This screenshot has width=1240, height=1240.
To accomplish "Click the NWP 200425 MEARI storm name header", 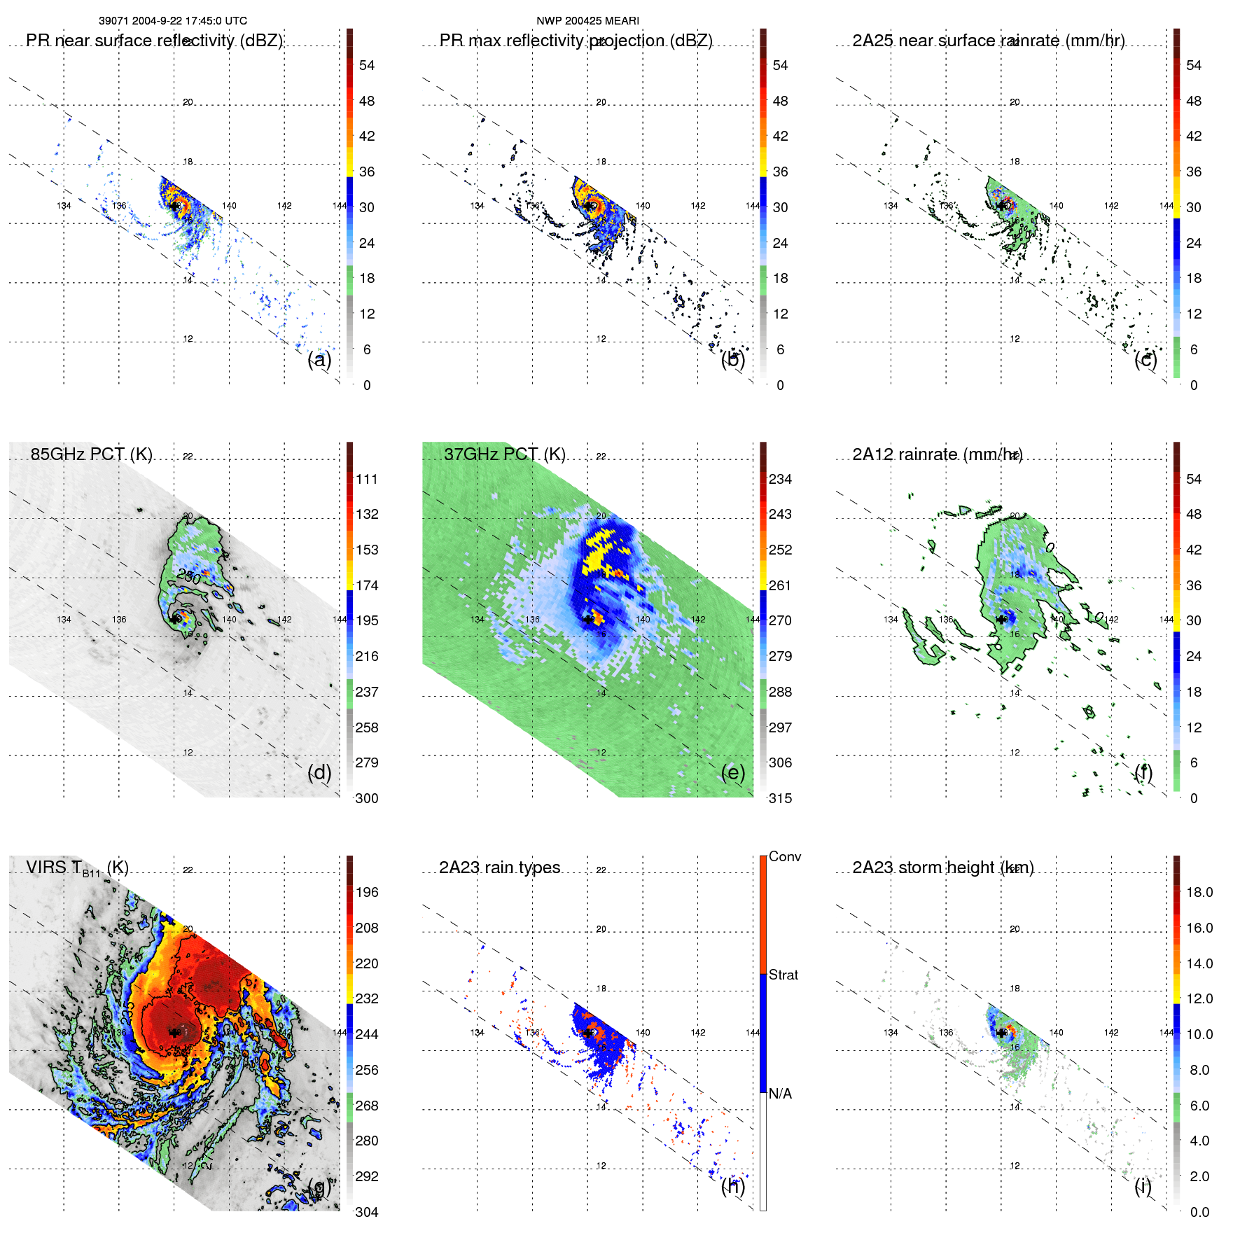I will tap(587, 21).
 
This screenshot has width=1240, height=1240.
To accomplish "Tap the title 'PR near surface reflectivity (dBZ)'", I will tap(154, 41).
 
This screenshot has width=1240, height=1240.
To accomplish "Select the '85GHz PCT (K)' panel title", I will tap(91, 454).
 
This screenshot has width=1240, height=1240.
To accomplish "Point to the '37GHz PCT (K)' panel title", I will tap(504, 454).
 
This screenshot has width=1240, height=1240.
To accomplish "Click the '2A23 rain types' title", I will tap(499, 868).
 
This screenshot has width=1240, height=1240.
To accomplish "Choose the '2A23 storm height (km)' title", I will tap(942, 868).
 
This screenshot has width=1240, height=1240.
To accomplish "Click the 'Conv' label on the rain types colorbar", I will tap(784, 856).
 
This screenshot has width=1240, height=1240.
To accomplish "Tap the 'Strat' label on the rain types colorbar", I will tap(783, 975).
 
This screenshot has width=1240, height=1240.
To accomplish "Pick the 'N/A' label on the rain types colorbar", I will tap(780, 1094).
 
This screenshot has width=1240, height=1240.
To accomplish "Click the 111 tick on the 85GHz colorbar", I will tap(367, 480).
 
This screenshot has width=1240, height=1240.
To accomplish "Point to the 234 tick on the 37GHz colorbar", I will tap(780, 480).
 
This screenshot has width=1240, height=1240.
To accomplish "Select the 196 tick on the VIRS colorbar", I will tap(367, 893).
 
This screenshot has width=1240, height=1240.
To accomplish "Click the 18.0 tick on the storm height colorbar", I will tap(1199, 893).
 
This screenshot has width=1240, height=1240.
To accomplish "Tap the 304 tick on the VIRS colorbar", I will tap(367, 1212).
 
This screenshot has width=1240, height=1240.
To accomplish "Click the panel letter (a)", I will tap(319, 360).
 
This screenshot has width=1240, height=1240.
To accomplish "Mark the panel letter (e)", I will tap(732, 773).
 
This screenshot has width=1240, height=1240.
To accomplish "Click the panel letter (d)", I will tap(319, 773).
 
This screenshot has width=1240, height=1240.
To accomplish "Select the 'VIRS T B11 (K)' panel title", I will tap(77, 868).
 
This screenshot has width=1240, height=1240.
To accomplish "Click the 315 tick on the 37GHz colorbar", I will tap(780, 798).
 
